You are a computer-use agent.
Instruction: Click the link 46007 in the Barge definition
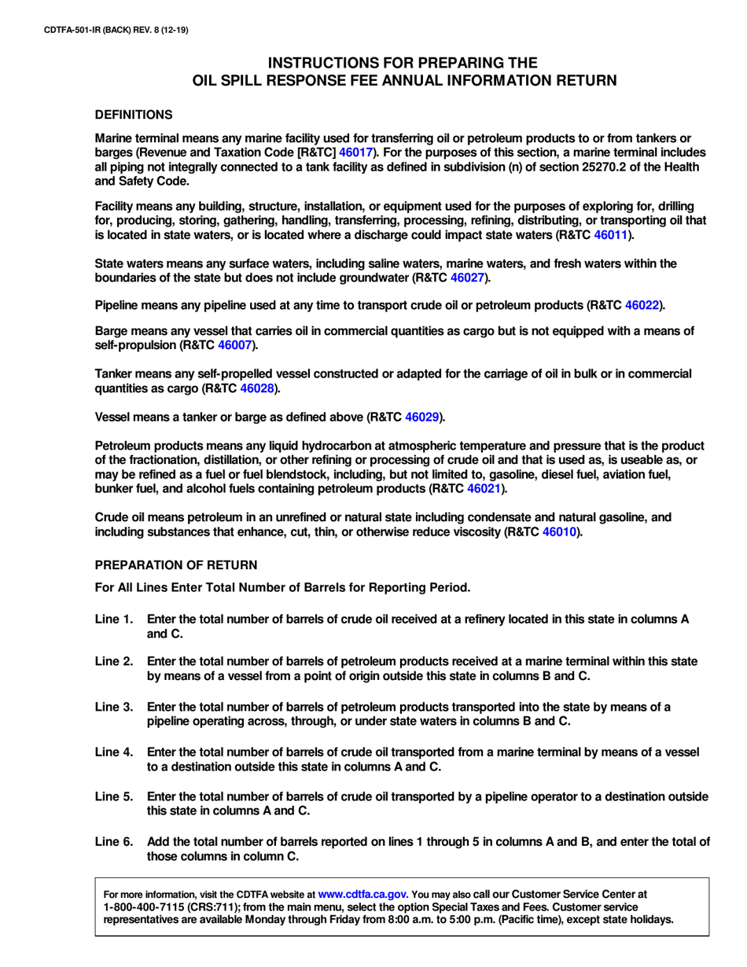234,345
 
